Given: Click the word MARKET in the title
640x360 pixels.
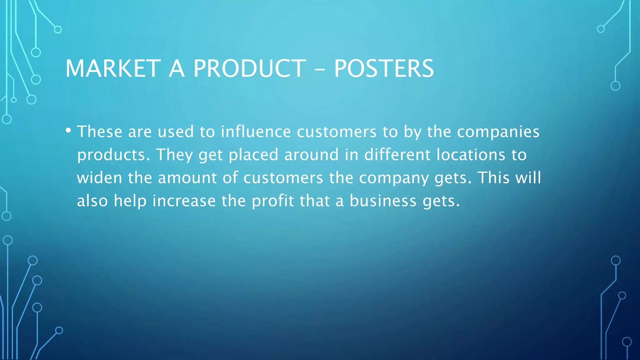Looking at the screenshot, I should pos(113,68).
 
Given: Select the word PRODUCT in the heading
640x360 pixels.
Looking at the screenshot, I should pos(249,68).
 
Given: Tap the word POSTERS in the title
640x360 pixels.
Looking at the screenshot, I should pos(384,68).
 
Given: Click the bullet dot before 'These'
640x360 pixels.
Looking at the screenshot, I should pos(68,130).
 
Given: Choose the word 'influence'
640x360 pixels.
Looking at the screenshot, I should pos(256,132).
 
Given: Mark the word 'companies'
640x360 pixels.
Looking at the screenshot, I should pos(498,132).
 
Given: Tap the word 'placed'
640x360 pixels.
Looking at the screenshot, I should pos(253,155).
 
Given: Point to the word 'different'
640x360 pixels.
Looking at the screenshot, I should pos(397,155).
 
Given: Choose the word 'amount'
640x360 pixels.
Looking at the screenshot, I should pos(187,178).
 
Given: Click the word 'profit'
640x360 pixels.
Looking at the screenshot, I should pos(273,201).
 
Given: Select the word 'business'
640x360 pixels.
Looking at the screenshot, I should pos(383,201).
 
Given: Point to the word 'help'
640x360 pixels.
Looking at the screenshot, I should pos(130,201).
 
